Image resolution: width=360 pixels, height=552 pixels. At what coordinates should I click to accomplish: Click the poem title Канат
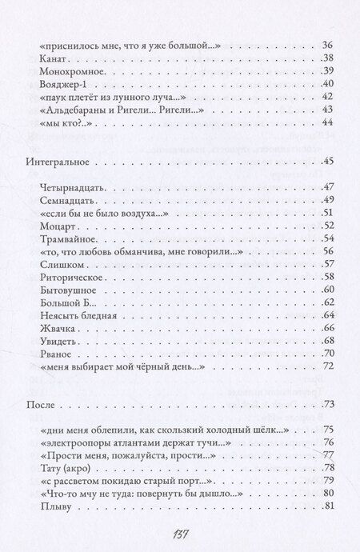click(53, 58)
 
